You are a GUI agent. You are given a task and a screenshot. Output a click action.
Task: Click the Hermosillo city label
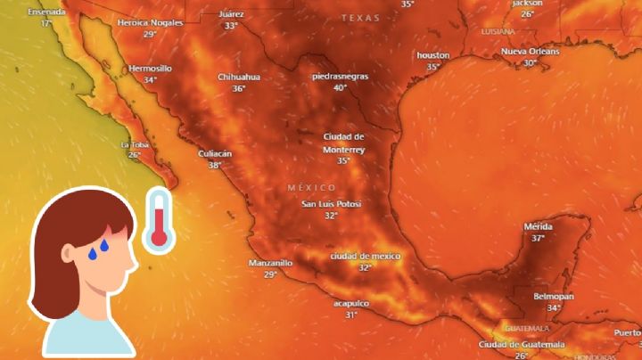pyautogui.click(x=150, y=68)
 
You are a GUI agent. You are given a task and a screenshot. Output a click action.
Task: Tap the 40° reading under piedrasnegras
pyautogui.click(x=340, y=87)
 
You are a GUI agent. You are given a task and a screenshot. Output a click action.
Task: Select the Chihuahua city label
pyautogui.click(x=239, y=77)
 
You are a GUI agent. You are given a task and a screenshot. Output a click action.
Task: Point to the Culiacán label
pyautogui.click(x=214, y=153)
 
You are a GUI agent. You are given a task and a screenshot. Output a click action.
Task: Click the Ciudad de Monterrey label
pyautogui.click(x=343, y=143)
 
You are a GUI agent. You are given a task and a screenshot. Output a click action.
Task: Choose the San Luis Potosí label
pyautogui.click(x=331, y=204)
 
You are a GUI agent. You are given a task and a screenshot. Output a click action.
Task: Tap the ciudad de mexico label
pyautogui.click(x=364, y=256)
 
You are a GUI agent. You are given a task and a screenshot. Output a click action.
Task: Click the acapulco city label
pyautogui.click(x=351, y=303)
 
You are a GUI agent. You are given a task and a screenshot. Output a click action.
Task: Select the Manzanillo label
pyautogui.click(x=270, y=263)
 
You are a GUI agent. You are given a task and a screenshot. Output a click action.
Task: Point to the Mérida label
pyautogui.click(x=538, y=226)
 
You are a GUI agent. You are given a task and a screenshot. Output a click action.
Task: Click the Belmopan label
pyautogui.click(x=554, y=296)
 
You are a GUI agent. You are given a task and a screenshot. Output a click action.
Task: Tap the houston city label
pyautogui.click(x=433, y=55)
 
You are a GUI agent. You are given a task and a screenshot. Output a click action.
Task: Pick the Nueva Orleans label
pyautogui.click(x=530, y=52)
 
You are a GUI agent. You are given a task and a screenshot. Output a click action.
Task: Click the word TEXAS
pyautogui.click(x=360, y=18)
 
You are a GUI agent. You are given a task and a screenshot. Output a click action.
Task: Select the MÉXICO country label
pyautogui.click(x=312, y=188)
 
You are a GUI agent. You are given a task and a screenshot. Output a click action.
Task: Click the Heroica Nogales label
pyautogui.click(x=149, y=22)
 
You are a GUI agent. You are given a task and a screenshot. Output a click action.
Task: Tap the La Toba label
pyautogui.click(x=135, y=144)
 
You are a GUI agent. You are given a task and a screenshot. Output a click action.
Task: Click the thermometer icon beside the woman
pyautogui.click(x=158, y=219)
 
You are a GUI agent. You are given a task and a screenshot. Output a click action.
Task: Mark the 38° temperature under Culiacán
pyautogui.click(x=214, y=165)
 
